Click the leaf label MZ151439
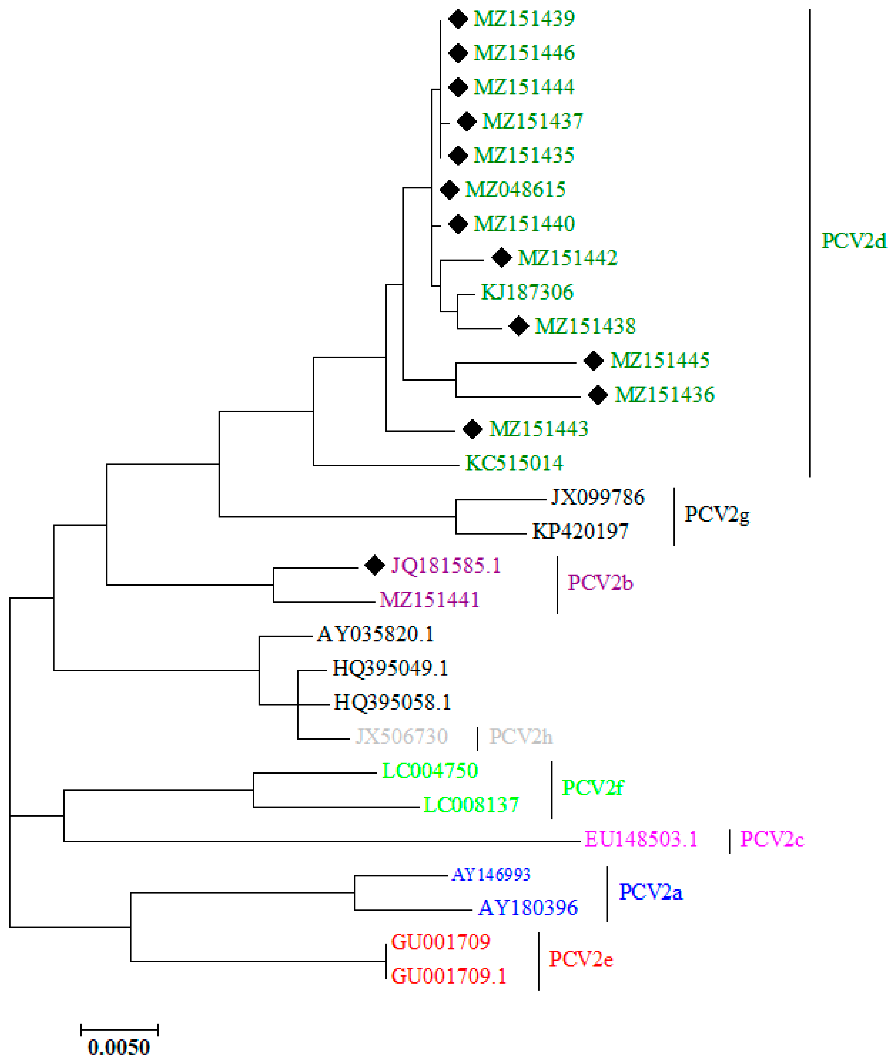click(x=524, y=19)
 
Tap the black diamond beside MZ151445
click(x=593, y=361)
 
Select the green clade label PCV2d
click(x=854, y=241)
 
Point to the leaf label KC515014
click(x=514, y=463)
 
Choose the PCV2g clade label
click(x=716, y=515)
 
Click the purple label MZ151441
click(x=429, y=600)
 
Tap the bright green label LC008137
click(x=471, y=805)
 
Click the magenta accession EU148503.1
click(x=641, y=839)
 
